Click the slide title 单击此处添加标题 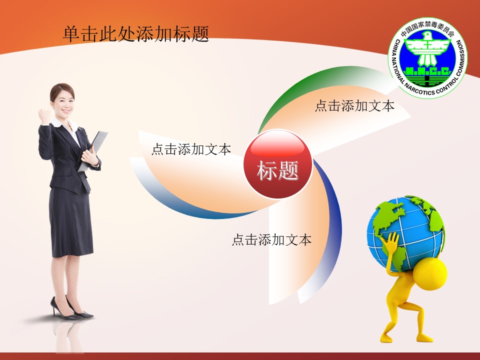135,34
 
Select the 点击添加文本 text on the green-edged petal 354,106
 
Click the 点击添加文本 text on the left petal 191,149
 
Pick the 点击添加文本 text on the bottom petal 271,240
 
